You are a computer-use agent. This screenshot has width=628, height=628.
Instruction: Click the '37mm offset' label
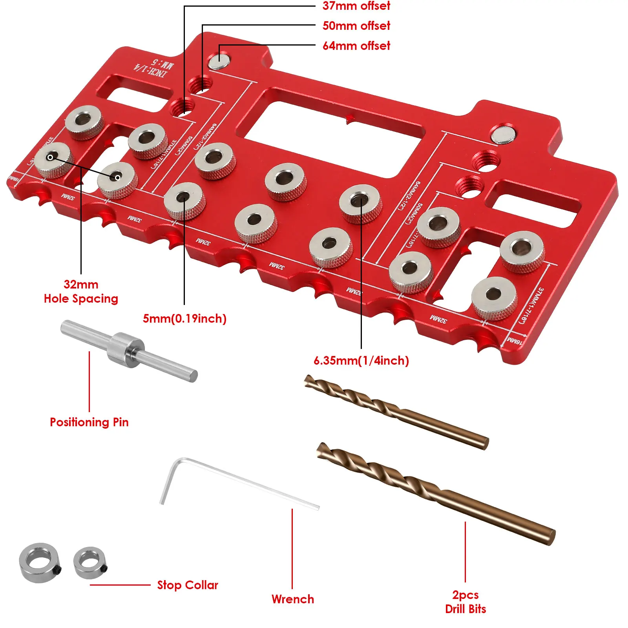tap(356, 6)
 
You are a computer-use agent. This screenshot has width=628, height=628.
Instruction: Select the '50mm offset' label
tap(356, 26)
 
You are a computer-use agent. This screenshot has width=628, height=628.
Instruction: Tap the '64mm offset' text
tap(356, 46)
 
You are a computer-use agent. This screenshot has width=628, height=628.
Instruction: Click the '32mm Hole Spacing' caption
tap(81, 291)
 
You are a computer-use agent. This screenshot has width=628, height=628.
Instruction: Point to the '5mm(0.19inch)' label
tap(184, 318)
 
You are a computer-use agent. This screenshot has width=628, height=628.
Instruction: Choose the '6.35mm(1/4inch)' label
tap(361, 360)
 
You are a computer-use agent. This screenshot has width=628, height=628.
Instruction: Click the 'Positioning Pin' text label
tap(89, 422)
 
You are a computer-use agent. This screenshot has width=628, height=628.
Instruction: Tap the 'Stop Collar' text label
tap(188, 585)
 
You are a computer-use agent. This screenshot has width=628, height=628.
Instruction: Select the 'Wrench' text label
tap(293, 599)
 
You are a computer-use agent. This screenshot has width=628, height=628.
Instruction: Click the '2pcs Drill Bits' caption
tap(466, 602)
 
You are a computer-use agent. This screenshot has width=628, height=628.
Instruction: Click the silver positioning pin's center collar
tap(125, 349)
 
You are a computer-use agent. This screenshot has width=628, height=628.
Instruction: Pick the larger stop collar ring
tap(39, 562)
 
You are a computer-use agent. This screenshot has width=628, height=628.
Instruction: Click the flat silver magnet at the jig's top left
tap(219, 62)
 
